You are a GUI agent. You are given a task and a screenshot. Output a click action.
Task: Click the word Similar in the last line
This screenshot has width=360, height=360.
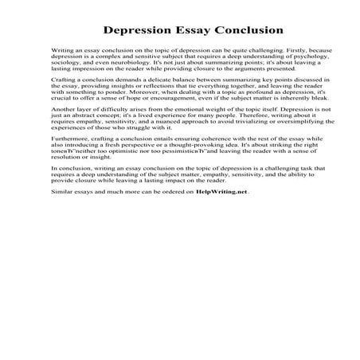[x=61, y=192]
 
